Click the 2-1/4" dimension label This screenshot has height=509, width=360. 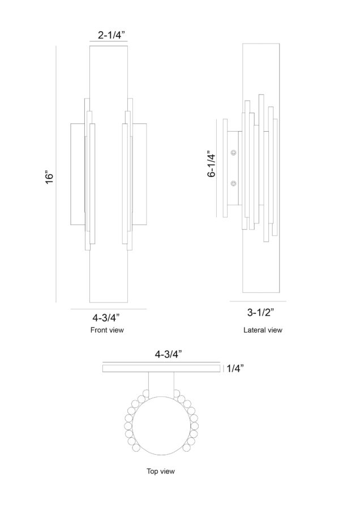pyautogui.click(x=112, y=34)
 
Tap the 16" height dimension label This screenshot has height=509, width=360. pyautogui.click(x=49, y=177)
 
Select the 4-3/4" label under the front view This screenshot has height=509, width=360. pyautogui.click(x=106, y=317)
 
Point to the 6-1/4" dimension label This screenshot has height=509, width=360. pyautogui.click(x=212, y=163)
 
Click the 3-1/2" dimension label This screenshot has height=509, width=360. pyautogui.click(x=260, y=312)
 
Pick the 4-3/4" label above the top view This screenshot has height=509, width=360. pyautogui.click(x=168, y=354)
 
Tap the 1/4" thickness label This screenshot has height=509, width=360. pyautogui.click(x=235, y=368)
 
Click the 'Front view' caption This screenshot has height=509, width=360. pyautogui.click(x=107, y=330)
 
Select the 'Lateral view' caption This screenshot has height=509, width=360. pyautogui.click(x=263, y=330)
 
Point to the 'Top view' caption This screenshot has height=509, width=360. pyautogui.click(x=161, y=471)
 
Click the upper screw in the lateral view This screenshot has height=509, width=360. pyautogui.click(x=234, y=153)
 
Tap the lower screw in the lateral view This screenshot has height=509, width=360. pyautogui.click(x=234, y=184)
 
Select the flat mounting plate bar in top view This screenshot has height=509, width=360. pyautogui.click(x=161, y=368)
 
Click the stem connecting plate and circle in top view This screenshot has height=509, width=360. pyautogui.click(x=161, y=385)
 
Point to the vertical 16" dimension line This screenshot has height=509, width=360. pyautogui.click(x=56, y=174)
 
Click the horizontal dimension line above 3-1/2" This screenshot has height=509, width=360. pyautogui.click(x=258, y=301)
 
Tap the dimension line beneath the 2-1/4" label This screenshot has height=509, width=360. pyautogui.click(x=109, y=41)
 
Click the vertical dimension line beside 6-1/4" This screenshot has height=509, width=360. pyautogui.click(x=217, y=168)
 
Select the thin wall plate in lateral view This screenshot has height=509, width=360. pyautogui.click(x=225, y=168)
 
